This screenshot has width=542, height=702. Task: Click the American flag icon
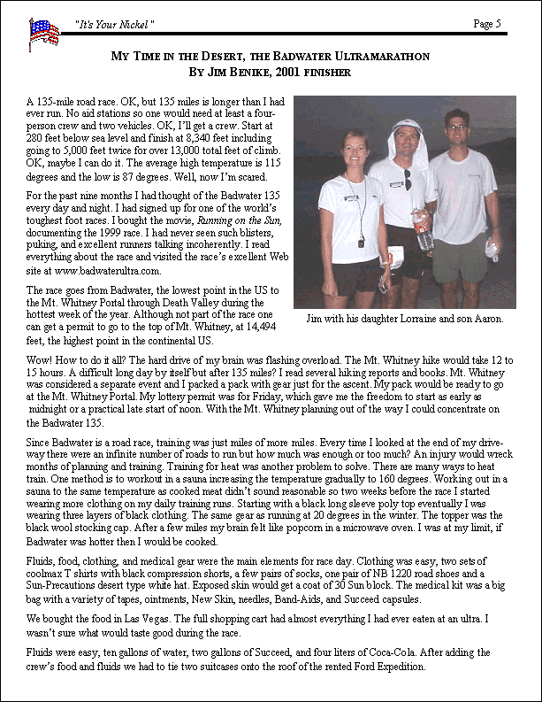[43, 33]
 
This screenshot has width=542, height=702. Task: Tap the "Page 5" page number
[487, 23]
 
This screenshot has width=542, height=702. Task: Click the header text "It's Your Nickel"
[115, 23]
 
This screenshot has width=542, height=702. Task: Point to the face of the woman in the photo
[355, 146]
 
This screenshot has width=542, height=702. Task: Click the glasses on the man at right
[456, 128]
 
